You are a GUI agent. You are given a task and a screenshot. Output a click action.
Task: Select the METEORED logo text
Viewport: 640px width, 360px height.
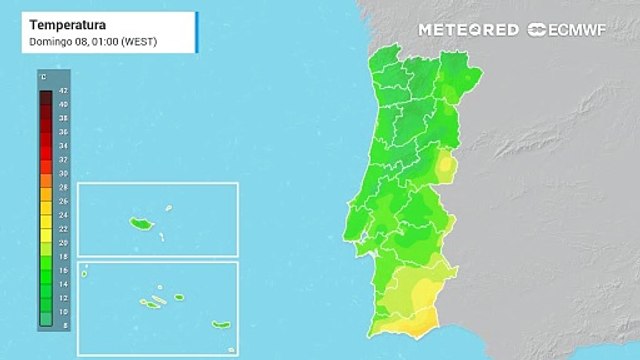pos(467,29)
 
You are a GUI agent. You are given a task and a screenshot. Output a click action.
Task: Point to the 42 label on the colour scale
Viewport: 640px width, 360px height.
pos(62,90)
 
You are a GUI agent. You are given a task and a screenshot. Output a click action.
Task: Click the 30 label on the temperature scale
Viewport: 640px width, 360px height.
pos(62,173)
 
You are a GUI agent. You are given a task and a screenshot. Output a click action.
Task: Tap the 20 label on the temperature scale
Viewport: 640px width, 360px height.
pos(62,242)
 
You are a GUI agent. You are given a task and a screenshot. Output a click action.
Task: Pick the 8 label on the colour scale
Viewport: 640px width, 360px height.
pos(63,325)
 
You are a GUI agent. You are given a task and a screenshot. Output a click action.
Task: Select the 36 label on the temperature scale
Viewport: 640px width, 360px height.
pos(62,131)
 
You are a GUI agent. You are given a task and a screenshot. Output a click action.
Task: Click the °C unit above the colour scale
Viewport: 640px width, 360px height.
pos(43,77)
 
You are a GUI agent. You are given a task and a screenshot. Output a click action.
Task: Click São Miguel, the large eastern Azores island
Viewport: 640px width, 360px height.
pos(220,324)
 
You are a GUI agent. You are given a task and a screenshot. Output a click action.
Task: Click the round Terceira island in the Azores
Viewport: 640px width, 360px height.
pos(180,296)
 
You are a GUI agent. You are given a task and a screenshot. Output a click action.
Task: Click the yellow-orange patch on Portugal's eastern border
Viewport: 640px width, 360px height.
pos(445,165)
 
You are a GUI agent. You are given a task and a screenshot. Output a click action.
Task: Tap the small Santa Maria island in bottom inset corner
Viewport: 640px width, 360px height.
pos(231,349)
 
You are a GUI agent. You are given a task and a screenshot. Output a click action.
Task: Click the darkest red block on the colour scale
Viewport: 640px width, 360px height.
pos(46,97)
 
